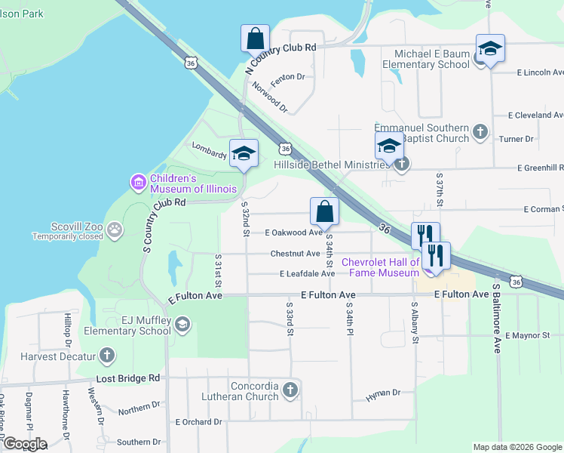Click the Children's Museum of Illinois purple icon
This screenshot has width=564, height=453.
click(138, 182)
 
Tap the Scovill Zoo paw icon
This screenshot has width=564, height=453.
click(115, 230)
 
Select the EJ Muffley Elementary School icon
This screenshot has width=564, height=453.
click(181, 325)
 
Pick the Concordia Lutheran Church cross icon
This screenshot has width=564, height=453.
click(290, 390)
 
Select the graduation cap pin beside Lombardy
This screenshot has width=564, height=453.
click(244, 153)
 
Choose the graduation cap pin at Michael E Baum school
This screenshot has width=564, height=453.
click(490, 49)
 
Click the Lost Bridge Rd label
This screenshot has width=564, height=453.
click(128, 377)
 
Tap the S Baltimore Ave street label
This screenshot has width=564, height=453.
click(497, 318)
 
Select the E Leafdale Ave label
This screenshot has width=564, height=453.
click(307, 274)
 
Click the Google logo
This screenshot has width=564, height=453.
click(24, 443)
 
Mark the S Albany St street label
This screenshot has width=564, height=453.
click(415, 322)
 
